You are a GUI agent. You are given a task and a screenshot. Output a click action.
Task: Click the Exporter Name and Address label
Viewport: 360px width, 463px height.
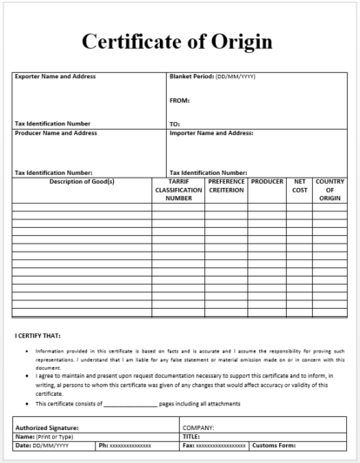55,77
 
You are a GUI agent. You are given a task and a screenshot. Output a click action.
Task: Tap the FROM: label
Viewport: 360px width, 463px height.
179,100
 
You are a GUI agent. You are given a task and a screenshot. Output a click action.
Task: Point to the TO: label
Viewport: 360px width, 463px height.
175,124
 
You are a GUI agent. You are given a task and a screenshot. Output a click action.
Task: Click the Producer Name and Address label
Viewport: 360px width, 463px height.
56,133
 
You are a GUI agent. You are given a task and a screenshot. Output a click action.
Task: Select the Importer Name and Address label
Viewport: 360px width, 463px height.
211,133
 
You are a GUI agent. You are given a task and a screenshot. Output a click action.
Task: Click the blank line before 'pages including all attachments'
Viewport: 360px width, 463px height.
130,404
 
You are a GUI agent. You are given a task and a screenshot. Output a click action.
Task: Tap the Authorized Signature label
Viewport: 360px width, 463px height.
47,428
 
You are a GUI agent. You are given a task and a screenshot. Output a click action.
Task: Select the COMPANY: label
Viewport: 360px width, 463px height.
198,428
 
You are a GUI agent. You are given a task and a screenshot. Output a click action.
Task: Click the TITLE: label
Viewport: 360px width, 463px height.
192,437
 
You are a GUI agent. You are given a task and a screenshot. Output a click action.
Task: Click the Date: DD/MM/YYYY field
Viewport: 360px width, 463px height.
43,446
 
